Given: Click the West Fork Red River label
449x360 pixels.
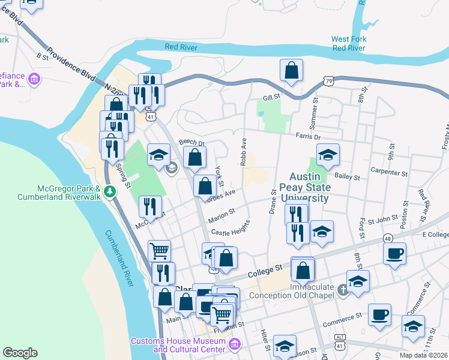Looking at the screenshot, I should [x=349, y=43].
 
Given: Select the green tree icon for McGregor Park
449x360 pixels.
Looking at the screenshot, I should [x=109, y=191].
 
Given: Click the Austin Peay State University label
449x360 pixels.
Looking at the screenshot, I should [x=309, y=187].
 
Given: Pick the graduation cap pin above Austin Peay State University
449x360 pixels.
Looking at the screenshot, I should [x=328, y=155].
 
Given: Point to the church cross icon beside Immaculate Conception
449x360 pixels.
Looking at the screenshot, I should [x=342, y=290].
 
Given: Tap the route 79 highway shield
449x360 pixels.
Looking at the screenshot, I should [x=328, y=80].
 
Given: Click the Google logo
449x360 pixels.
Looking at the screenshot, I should [x=20, y=353].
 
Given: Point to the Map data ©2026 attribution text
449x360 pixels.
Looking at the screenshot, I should [x=423, y=355].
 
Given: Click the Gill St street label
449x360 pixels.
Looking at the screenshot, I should [x=271, y=98].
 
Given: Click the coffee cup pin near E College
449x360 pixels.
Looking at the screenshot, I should [x=394, y=253].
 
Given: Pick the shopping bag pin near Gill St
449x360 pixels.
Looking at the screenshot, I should [x=291, y=70].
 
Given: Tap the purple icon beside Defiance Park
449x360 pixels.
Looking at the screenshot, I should [x=34, y=79].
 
